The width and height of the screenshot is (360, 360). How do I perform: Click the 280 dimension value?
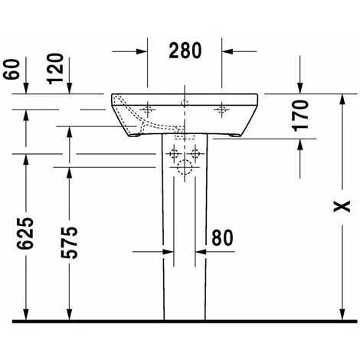tap(185, 51)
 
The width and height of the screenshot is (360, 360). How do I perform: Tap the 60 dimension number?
tap(11, 69)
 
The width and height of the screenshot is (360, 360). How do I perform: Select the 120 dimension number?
tap(55, 68)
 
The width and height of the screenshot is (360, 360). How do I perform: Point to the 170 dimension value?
tap(300, 116)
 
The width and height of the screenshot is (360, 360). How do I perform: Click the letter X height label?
tap(342, 206)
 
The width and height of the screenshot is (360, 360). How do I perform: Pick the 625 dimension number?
tap(25, 233)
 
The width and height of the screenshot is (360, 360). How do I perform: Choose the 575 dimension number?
tap(69, 242)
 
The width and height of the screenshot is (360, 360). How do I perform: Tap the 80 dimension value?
tap(222, 237)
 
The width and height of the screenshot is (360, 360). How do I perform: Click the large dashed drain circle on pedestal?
tap(185, 168)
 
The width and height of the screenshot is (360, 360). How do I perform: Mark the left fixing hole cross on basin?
tap(147, 110)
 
